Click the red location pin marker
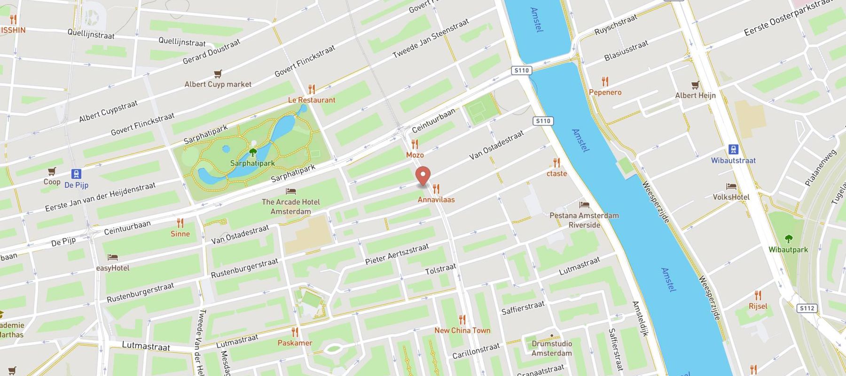pyautogui.click(x=423, y=176)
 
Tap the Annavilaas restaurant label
pyautogui.click(x=436, y=199)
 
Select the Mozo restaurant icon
pyautogui.click(x=415, y=144)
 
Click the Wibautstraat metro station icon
pyautogui.click(x=733, y=150)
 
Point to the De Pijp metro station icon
pyautogui.click(x=76, y=174)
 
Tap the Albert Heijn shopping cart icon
pyautogui.click(x=695, y=85)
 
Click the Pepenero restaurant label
pyautogui.click(x=605, y=92)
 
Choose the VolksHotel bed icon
pyautogui.click(x=731, y=187)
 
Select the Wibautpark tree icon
pyautogui.click(x=788, y=239)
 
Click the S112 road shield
pyautogui.click(x=807, y=308)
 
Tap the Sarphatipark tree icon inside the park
pyautogui.click(x=253, y=152)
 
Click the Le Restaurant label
pyautogui.click(x=312, y=100)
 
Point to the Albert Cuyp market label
pyautogui.click(x=218, y=84)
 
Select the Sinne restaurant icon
pyautogui.click(x=180, y=223)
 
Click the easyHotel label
pyautogui.click(x=112, y=268)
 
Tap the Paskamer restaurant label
pyautogui.click(x=295, y=343)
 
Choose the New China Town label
pyautogui.click(x=462, y=330)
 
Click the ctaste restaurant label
pyautogui.click(x=556, y=173)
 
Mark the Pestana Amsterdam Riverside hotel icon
pyautogui.click(x=584, y=205)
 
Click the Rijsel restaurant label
pyautogui.click(x=758, y=306)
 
